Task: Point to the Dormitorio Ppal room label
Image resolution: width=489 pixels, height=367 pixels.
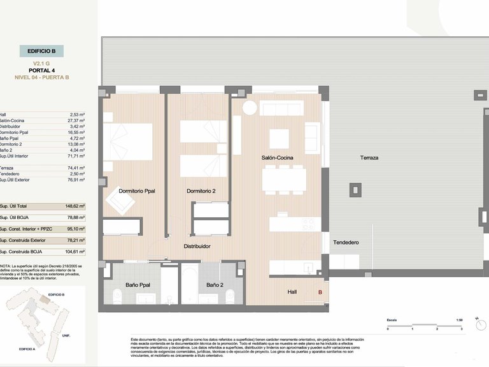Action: pos(137,191)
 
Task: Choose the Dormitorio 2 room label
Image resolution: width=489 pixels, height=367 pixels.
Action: pos(201,191)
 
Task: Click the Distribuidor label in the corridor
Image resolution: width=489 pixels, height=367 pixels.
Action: pos(197,246)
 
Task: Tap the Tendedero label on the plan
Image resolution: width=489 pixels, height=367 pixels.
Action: pos(346,243)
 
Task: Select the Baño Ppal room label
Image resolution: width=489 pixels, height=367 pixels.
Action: pos(138,285)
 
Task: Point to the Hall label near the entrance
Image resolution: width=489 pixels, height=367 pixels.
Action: pos(292,292)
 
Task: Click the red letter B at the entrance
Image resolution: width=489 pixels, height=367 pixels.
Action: pos(320,292)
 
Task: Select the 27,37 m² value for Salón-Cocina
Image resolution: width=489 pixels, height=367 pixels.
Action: pos(77,120)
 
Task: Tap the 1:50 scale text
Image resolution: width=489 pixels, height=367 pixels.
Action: pos(459,319)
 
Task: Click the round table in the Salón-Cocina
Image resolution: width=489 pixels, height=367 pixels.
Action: pos(249,108)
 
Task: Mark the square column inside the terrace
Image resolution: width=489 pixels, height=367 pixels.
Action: pos(354,189)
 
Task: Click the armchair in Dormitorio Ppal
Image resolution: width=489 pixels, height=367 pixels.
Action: pos(120,201)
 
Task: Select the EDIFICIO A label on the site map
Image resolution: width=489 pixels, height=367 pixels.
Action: pos(27,349)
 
